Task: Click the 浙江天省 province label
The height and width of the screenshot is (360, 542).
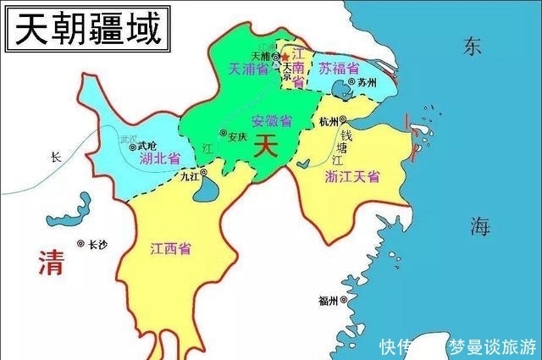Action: (352, 176)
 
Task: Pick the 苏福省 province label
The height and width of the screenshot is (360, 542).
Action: (340, 69)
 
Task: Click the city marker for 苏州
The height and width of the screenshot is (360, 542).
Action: (349, 84)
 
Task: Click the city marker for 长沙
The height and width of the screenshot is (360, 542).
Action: (81, 244)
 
